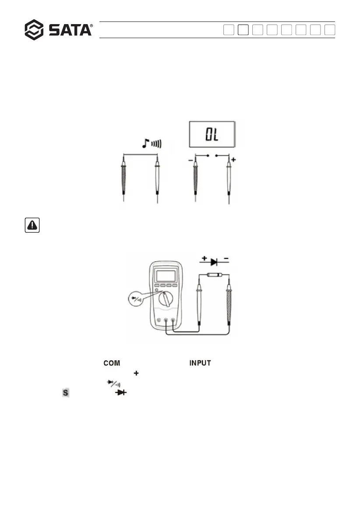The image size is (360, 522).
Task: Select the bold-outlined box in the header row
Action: [243, 30]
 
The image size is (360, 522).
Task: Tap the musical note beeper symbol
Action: [145, 143]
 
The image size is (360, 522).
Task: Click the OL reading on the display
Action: [212, 134]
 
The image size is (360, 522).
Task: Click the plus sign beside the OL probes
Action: [233, 160]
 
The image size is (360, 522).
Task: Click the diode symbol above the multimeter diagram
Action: [214, 262]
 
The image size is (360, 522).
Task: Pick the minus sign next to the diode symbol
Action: [226, 259]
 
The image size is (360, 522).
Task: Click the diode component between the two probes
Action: [214, 275]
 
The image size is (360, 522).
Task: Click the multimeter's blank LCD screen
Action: [166, 276]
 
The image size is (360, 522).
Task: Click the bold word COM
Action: [112, 363]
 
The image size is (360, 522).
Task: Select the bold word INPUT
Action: [200, 363]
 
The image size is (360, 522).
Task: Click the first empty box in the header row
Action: [229, 30]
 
